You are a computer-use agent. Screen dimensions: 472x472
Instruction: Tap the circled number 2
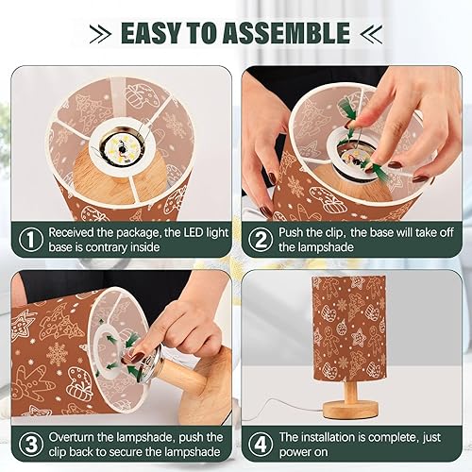pos(260,240)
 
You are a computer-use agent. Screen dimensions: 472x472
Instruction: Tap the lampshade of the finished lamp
pos(349,326)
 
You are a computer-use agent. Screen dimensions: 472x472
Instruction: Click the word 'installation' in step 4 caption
pos(337,437)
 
